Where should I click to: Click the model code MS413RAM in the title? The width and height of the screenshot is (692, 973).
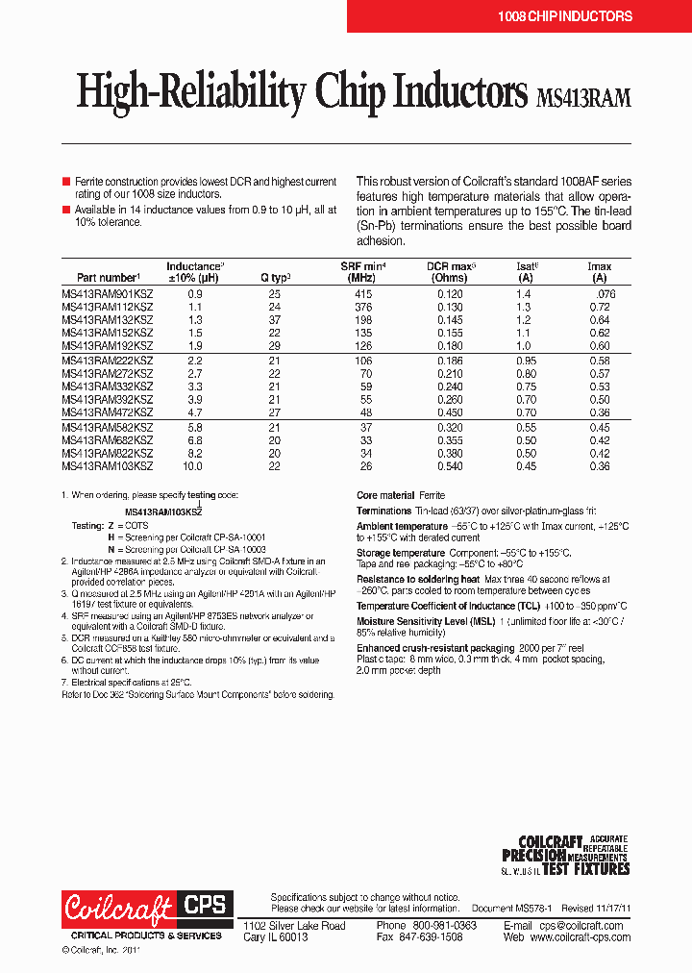582,97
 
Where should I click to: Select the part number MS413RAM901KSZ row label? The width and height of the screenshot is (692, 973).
107,293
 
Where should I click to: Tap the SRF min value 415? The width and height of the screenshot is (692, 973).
362,293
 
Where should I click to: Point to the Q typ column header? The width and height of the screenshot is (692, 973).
275,278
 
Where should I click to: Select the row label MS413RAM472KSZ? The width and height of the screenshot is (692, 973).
107,411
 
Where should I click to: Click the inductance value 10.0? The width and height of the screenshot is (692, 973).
193,466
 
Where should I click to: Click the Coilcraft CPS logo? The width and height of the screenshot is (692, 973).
145,909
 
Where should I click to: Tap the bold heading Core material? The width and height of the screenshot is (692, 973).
385,495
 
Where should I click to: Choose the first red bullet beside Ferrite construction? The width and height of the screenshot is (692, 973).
66,181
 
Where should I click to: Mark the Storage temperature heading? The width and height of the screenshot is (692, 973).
400,553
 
